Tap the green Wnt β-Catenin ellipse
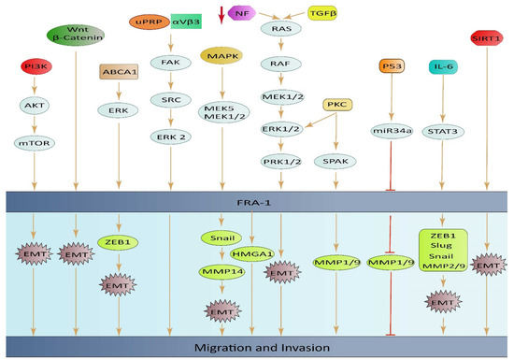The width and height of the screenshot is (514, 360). [x=76, y=36]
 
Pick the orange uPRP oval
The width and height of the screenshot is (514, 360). [x=146, y=21]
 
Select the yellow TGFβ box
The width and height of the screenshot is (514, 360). [x=321, y=14]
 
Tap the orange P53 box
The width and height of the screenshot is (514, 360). [x=393, y=66]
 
